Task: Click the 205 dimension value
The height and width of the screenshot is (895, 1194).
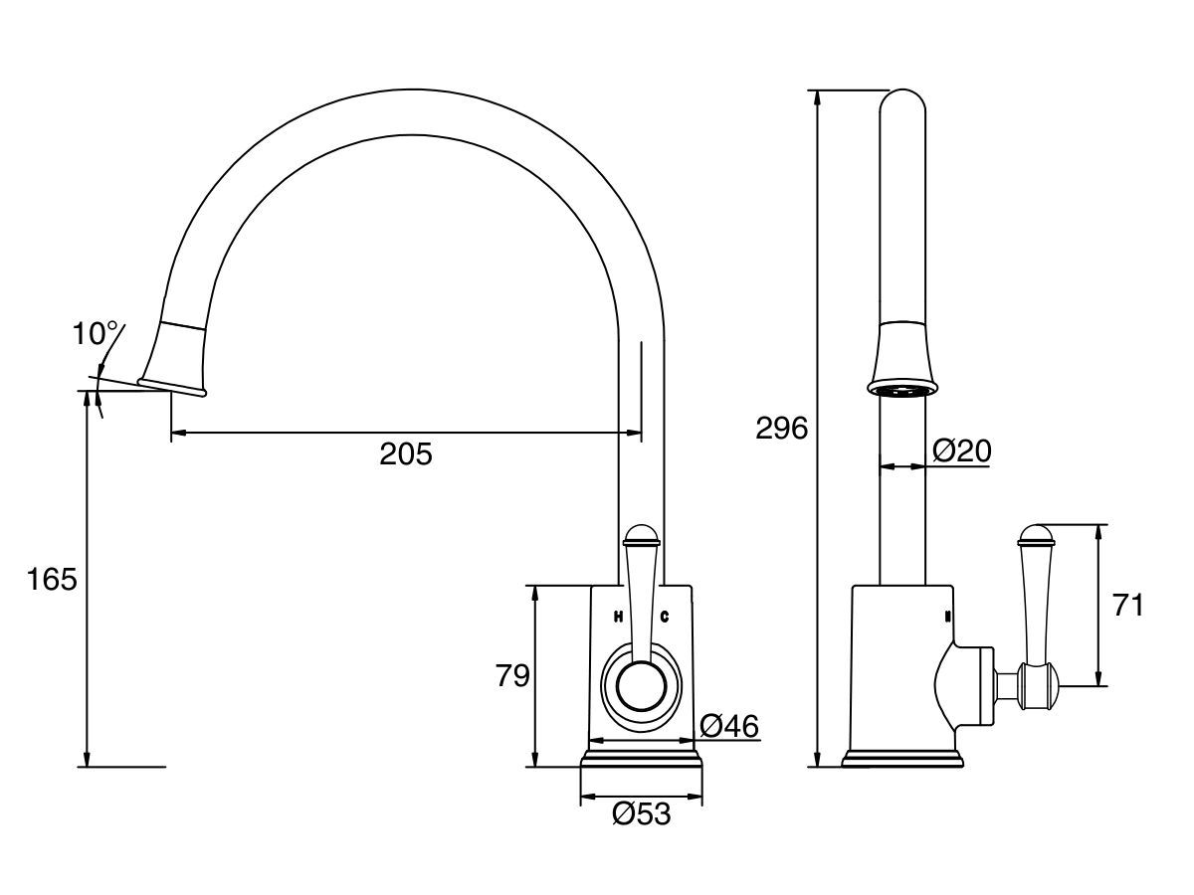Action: click(406, 454)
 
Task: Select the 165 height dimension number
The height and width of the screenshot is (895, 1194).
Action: click(51, 579)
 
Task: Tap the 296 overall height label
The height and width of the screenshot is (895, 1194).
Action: click(781, 429)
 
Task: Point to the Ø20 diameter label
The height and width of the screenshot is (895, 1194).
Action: click(961, 451)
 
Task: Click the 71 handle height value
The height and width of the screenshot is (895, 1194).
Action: click(1127, 605)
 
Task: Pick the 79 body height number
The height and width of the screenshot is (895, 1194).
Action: click(512, 676)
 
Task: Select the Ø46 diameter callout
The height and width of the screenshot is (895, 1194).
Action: click(728, 727)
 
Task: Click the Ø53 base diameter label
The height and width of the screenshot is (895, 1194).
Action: click(642, 814)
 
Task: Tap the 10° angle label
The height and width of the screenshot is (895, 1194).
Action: click(96, 334)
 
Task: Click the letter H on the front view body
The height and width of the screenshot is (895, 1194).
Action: click(618, 617)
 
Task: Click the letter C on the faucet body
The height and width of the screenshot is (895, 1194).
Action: click(664, 617)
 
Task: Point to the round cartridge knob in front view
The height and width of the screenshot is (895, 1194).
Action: click(642, 687)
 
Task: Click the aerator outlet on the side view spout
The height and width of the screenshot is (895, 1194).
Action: click(903, 390)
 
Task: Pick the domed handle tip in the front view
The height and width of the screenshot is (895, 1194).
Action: click(642, 538)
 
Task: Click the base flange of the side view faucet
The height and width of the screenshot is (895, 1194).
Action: click(903, 760)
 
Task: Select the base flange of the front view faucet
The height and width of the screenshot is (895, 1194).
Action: click(642, 760)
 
